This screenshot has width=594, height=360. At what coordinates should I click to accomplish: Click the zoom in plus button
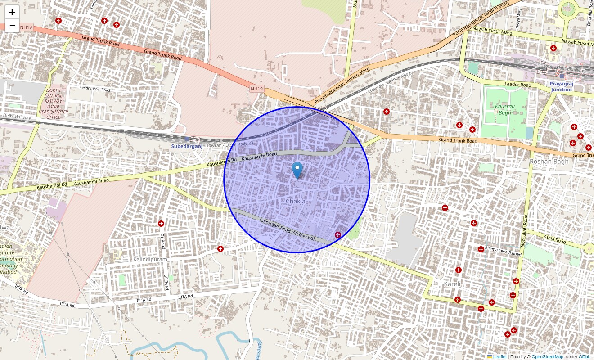12,12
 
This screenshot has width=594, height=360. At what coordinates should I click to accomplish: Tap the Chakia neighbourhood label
295,201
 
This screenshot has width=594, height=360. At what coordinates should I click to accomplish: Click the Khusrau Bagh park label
505,109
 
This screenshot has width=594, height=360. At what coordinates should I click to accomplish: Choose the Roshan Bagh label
549,161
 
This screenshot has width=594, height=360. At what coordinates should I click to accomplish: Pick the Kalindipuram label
150,259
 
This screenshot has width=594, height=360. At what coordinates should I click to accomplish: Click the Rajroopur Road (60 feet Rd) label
287,229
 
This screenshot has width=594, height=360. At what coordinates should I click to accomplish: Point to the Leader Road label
517,85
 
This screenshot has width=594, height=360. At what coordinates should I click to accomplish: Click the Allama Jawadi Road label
503,251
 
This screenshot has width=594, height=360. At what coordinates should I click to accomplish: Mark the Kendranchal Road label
94,90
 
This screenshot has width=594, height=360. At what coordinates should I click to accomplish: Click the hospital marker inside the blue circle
338,234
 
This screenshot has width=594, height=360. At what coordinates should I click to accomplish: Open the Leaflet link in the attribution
499,356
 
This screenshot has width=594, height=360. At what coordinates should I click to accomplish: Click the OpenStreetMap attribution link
547,356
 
